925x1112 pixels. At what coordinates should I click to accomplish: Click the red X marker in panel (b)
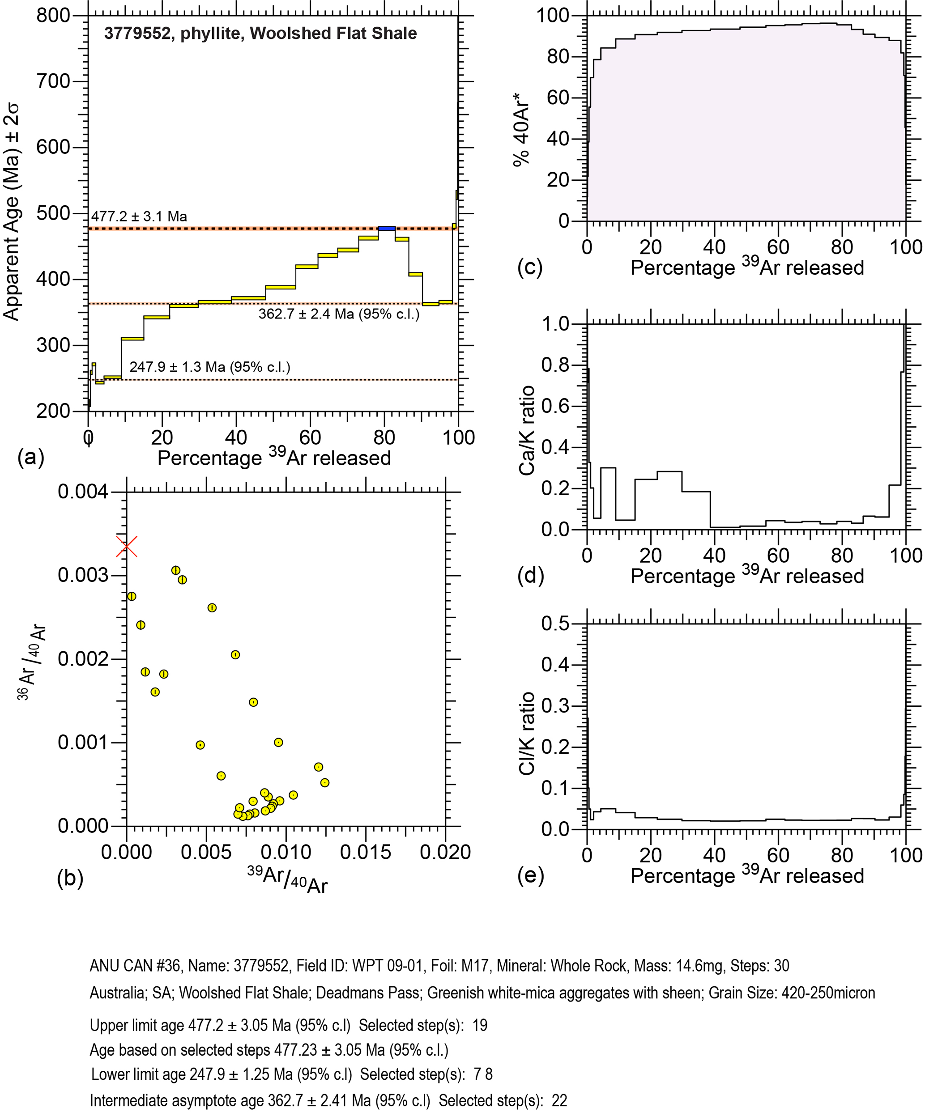[x=127, y=547]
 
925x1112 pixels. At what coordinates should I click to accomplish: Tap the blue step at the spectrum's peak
[x=387, y=228]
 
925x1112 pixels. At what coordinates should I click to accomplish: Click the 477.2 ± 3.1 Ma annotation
[x=139, y=216]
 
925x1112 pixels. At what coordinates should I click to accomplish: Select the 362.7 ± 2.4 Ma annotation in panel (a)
[x=338, y=314]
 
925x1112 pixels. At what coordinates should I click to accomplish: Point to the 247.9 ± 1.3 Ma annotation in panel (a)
[x=210, y=367]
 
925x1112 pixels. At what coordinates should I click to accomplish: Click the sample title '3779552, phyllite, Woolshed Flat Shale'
[x=260, y=34]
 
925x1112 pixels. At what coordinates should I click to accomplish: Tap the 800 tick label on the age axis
[x=53, y=16]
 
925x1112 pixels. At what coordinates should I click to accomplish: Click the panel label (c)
[x=530, y=267]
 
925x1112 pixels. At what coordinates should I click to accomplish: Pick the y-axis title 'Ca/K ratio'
[x=527, y=430]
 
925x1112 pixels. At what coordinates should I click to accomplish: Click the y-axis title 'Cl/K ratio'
[x=527, y=734]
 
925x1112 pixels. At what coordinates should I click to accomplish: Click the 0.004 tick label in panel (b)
[x=83, y=492]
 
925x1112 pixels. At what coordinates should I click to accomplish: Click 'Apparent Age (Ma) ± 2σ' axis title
[x=12, y=212]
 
